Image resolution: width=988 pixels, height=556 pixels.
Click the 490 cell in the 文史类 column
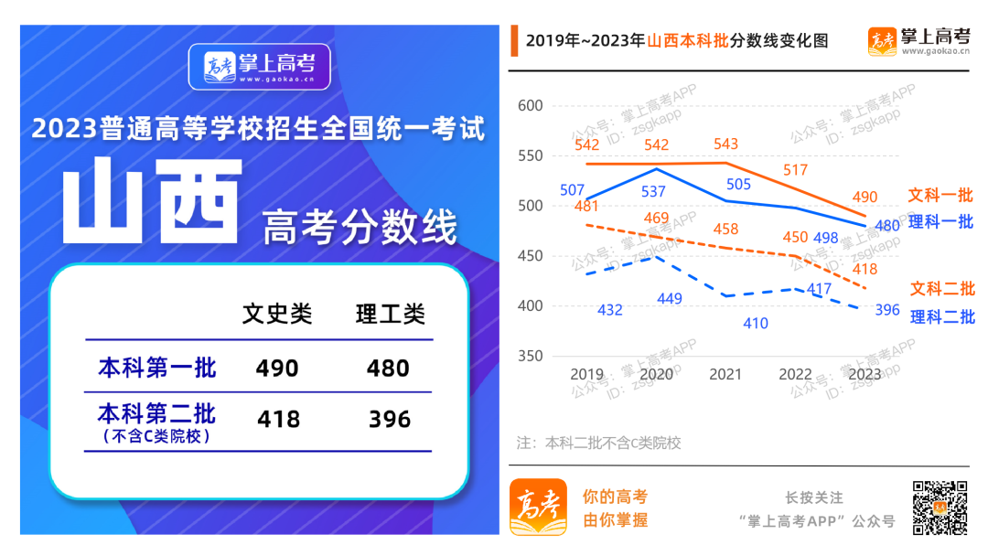[x=277, y=368]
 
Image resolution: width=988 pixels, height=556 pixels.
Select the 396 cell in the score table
[x=390, y=420]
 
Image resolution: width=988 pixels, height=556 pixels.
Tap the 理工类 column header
[x=391, y=315]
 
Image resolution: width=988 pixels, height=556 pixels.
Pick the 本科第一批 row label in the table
[x=157, y=368]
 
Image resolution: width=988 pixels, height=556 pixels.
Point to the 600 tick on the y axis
[x=531, y=106]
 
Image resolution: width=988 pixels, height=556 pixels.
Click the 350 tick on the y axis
[x=531, y=356]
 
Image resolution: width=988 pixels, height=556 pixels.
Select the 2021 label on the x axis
[x=725, y=374]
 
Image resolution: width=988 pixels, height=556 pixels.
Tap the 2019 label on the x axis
[x=586, y=374]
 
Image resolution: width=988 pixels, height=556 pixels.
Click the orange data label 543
[x=725, y=144]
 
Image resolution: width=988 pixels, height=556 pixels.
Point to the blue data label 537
[x=653, y=191]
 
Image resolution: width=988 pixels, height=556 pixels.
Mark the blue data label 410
[x=756, y=323]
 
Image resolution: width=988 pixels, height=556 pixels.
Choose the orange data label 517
[x=796, y=170]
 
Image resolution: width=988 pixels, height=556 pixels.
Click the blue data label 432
[x=610, y=310]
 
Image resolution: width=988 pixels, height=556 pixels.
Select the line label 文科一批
[x=940, y=196]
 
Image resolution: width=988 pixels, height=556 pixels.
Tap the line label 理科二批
[x=942, y=317]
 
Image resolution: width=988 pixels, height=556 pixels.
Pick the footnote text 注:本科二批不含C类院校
[x=599, y=444]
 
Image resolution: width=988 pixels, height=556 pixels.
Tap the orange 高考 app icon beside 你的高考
[x=538, y=507]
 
